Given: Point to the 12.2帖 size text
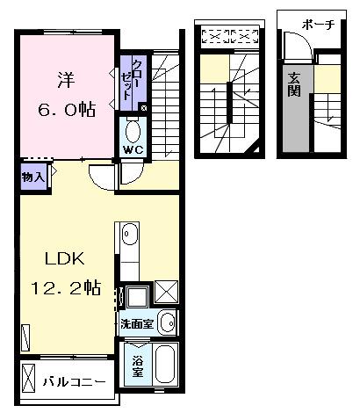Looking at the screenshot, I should pos(66,288).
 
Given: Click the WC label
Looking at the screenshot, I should pos(133,149).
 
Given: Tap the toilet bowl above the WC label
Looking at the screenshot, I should pos(133,132).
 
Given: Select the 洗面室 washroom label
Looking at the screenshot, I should pos(137,323).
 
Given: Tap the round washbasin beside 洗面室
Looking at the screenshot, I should pos(167,323).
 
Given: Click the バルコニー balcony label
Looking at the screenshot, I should pos(75,382).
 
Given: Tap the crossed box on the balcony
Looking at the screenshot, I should pos(28,382).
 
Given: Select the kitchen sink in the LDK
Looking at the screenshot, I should pos(129,235).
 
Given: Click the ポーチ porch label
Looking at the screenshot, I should pos(317,25).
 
